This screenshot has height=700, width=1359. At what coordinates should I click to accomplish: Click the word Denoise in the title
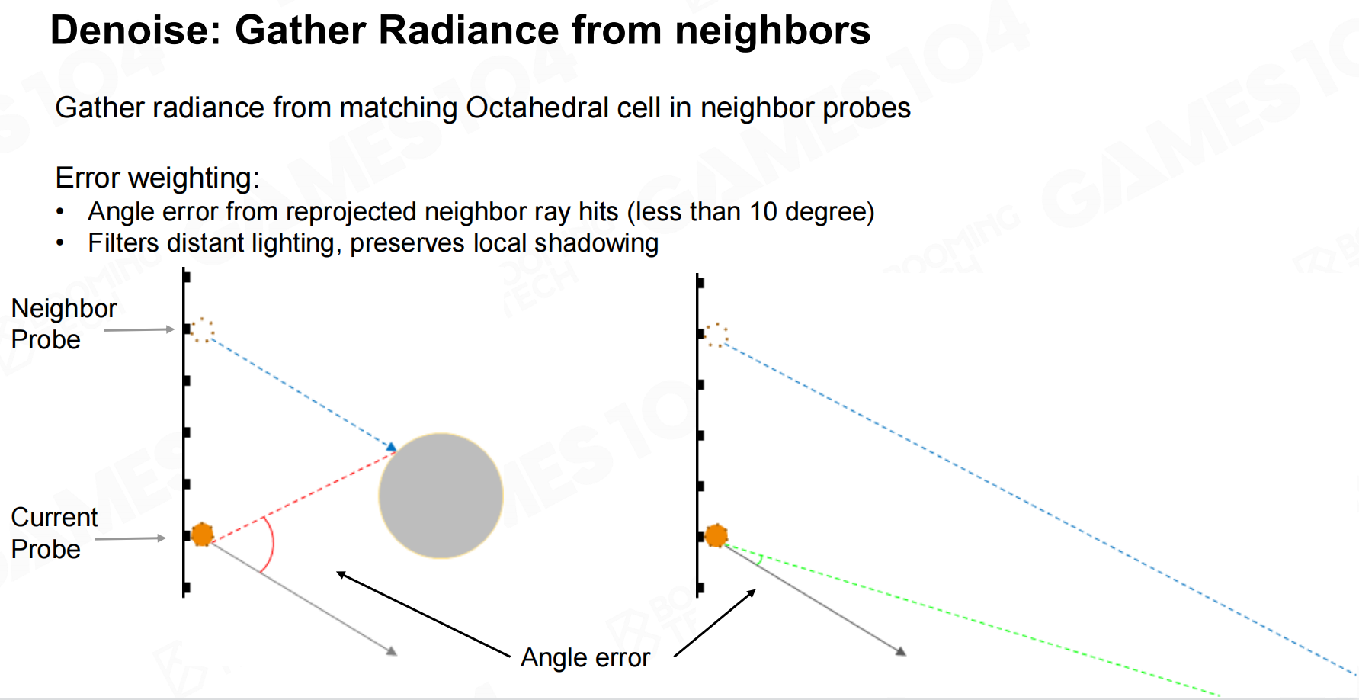pyautogui.click(x=133, y=31)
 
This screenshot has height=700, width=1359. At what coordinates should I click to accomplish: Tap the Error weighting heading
pyautogui.click(x=158, y=178)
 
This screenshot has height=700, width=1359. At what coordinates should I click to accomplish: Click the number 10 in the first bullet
pyautogui.click(x=763, y=211)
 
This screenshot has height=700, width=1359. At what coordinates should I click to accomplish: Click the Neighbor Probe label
pyautogui.click(x=64, y=323)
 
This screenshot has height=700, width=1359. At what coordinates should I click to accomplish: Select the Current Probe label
pyautogui.click(x=54, y=533)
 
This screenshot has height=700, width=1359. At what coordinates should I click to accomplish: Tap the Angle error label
pyautogui.click(x=585, y=657)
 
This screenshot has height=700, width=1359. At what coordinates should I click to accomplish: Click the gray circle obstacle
pyautogui.click(x=441, y=496)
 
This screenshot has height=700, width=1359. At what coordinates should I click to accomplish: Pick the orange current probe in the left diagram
pyautogui.click(x=202, y=535)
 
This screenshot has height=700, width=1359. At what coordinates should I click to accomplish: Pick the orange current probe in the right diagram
pyautogui.click(x=716, y=535)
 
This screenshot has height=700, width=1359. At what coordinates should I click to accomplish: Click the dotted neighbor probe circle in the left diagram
pyautogui.click(x=202, y=330)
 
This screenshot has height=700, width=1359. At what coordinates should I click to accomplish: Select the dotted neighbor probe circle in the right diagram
pyautogui.click(x=716, y=335)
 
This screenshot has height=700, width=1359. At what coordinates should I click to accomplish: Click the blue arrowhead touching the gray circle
pyautogui.click(x=392, y=447)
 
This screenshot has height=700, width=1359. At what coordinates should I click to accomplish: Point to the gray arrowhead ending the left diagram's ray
pyautogui.click(x=392, y=651)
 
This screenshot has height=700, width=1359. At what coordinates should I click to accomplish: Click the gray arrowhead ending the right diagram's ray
pyautogui.click(x=901, y=651)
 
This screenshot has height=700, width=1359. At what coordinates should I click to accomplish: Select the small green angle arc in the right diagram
pyautogui.click(x=761, y=560)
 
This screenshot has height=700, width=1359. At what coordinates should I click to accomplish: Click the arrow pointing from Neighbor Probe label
pyautogui.click(x=139, y=329)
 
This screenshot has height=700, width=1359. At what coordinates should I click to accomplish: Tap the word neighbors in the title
pyautogui.click(x=772, y=31)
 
